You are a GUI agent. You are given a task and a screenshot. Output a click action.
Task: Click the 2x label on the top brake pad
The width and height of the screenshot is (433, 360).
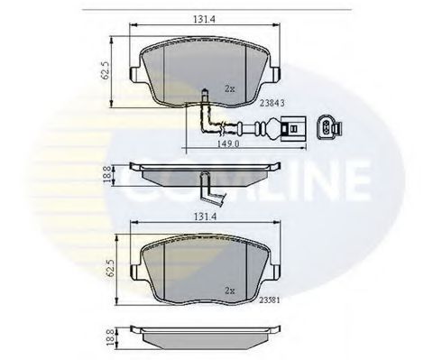tap(229, 88)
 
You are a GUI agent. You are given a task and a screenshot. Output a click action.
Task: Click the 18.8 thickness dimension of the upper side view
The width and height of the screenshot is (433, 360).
tap(107, 173)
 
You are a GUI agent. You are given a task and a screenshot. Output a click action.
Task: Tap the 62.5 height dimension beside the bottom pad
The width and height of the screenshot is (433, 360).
tap(106, 267)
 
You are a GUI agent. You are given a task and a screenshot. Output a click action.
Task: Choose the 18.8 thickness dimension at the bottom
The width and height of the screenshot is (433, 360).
tap(107, 336)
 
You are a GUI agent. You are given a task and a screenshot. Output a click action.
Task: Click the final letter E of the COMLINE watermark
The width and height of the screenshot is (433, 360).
tap(353, 180)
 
